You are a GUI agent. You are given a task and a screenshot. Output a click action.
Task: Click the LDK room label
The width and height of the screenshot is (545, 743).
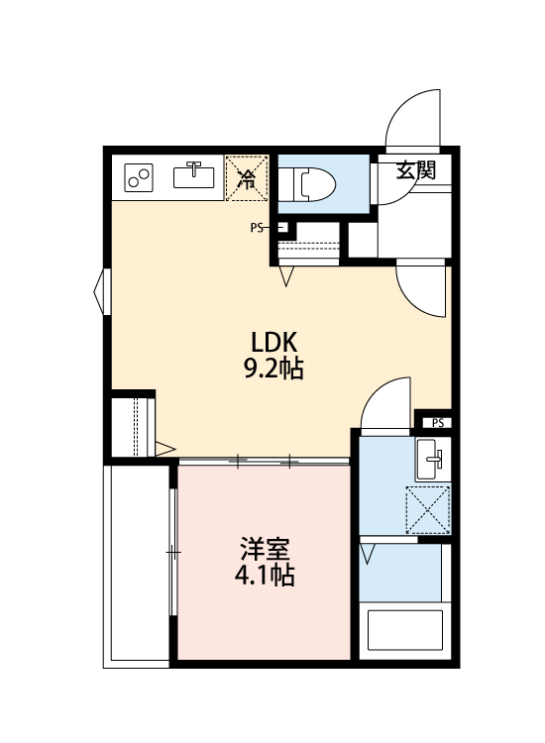[x=273, y=342]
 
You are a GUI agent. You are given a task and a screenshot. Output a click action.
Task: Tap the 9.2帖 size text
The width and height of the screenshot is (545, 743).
[x=273, y=370]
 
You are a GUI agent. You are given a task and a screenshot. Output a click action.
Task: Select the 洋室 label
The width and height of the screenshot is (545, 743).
[x=264, y=547]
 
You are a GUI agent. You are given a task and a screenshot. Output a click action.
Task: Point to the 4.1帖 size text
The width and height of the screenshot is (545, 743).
[x=264, y=575]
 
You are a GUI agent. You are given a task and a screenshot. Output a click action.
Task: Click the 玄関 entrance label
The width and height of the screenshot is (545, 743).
[x=416, y=169]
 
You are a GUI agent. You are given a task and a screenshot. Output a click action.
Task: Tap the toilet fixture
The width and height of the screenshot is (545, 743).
[x=308, y=181]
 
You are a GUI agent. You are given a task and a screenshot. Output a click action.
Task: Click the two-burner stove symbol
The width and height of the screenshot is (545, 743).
[x=139, y=178]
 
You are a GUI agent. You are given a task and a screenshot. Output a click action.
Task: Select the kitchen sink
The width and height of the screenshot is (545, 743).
[x=194, y=176]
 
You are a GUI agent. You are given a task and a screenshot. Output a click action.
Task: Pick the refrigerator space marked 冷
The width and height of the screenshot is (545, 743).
[x=247, y=179]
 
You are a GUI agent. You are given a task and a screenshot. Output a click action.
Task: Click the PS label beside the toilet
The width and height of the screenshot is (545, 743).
[x=257, y=228]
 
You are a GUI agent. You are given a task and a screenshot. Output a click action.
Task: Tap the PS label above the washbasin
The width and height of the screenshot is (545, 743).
[x=437, y=423]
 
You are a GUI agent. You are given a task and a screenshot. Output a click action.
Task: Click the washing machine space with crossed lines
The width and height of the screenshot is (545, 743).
[x=428, y=509]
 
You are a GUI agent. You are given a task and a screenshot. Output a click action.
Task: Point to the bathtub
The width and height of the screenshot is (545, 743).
[x=404, y=632]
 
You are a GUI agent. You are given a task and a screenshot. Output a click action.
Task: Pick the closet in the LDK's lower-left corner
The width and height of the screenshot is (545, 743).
[x=133, y=425]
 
